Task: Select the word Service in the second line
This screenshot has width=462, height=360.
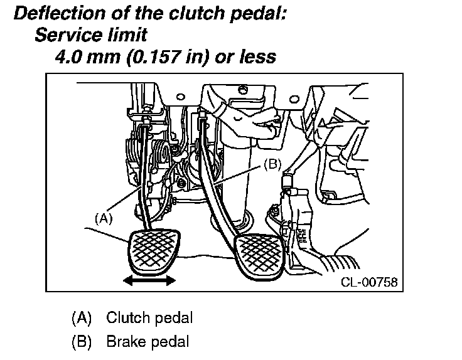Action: click(67, 35)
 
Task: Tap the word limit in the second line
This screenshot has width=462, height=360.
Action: click(127, 35)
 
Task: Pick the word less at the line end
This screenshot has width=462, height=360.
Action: click(259, 57)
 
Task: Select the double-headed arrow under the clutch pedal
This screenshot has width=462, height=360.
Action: click(149, 281)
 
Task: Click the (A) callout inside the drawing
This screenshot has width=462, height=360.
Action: click(103, 219)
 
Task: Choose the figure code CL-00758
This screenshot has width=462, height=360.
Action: click(368, 282)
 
